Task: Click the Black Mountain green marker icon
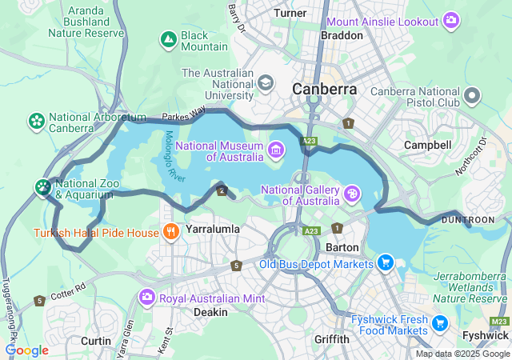point(169,38)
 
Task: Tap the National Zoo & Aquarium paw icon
point(42,187)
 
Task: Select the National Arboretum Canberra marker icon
point(36,121)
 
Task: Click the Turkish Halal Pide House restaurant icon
point(170,233)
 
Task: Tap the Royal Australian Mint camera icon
point(146,298)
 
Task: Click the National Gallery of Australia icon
point(351,193)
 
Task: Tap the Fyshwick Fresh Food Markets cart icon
point(439,323)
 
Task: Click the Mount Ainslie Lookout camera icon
point(451,19)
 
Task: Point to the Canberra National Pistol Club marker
point(472,97)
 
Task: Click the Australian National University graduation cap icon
point(265,82)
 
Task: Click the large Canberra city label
point(324,89)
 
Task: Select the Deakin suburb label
point(210,313)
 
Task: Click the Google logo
point(27,350)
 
